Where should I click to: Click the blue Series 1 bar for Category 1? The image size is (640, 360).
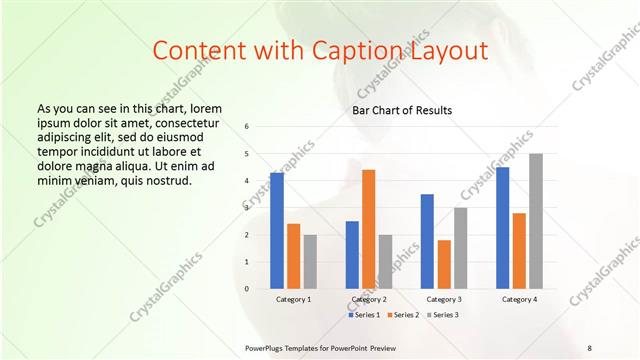click(276, 230)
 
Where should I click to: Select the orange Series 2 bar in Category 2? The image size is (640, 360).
click(368, 229)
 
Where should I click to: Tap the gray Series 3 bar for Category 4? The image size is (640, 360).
click(536, 221)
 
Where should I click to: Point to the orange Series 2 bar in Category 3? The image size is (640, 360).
click(444, 264)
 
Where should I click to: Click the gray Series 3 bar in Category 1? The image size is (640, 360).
click(310, 261)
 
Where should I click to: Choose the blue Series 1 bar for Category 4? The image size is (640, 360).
click(502, 227)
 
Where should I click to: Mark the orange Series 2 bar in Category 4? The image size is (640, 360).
click(519, 250)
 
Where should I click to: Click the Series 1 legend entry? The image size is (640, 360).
click(364, 315)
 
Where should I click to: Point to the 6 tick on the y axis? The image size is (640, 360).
click(246, 127)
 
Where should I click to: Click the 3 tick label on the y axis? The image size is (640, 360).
click(246, 208)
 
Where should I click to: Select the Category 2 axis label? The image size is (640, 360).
click(368, 299)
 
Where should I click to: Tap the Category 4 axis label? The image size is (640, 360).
click(519, 299)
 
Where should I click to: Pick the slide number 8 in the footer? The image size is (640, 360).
click(589, 346)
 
